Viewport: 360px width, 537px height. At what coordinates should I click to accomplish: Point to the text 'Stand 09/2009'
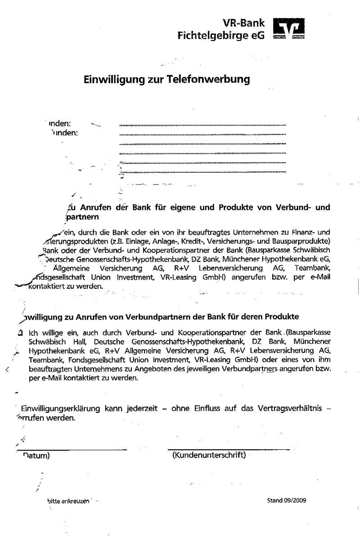pos(286,500)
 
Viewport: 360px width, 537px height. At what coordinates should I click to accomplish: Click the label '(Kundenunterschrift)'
pos(209,455)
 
